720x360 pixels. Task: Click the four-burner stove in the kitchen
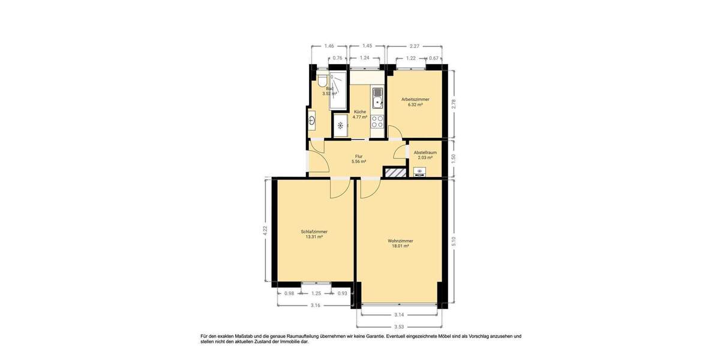tap(377, 122)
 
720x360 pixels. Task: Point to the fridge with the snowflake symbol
tap(340, 126)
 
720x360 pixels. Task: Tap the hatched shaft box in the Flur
tap(394, 173)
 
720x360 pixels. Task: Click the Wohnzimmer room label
tap(400, 241)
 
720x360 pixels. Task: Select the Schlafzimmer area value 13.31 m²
tap(314, 237)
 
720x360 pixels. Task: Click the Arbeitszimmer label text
tap(415, 100)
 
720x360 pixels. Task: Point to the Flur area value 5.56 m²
tap(359, 161)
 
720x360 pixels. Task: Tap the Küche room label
tap(360, 112)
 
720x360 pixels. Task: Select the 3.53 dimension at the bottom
tap(399, 327)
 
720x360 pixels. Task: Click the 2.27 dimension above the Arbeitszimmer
tap(414, 46)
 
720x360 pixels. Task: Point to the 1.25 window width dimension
tap(316, 293)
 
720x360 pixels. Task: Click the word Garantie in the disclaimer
tap(369, 337)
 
